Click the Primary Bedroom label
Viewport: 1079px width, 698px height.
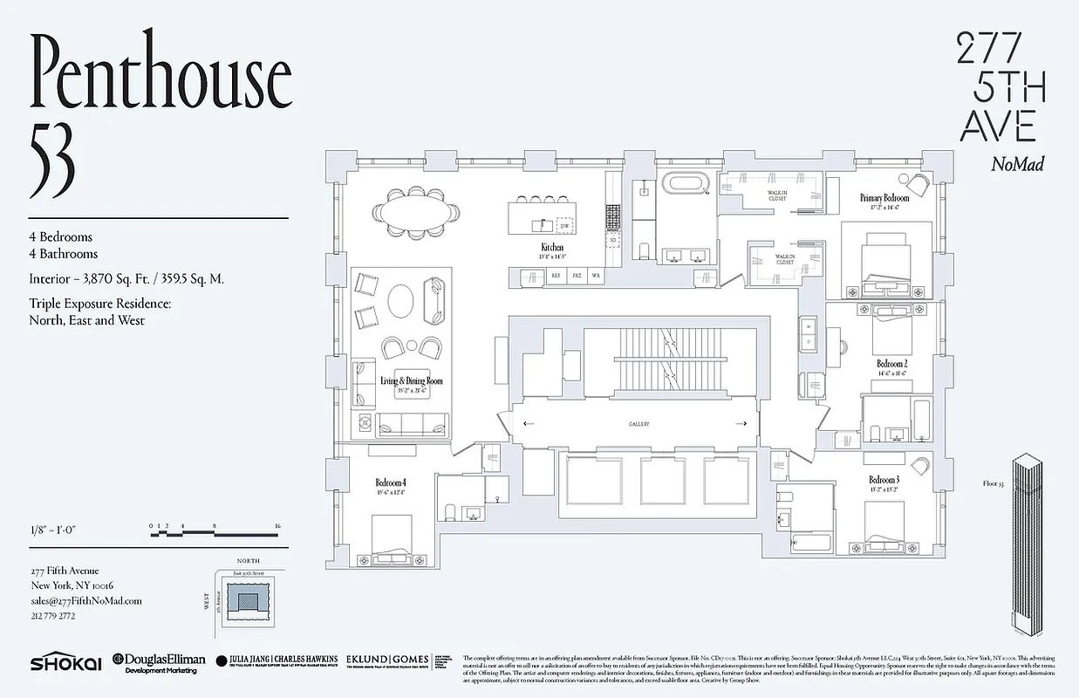[884, 198]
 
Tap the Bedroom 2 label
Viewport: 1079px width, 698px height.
[892, 363]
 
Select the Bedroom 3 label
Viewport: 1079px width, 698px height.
[884, 480]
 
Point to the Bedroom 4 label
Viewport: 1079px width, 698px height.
[391, 482]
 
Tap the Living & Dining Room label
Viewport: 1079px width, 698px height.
[411, 381]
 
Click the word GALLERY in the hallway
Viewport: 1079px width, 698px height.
[639, 424]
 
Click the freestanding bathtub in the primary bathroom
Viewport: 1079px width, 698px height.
[686, 186]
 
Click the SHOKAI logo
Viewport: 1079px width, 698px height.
[65, 664]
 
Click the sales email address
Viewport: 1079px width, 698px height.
[85, 600]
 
